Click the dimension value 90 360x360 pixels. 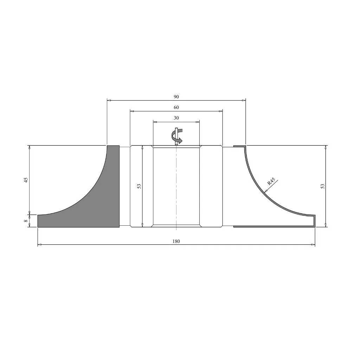[x=176, y=97]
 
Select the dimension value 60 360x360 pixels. [x=176, y=107]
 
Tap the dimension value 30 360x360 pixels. [x=176, y=118]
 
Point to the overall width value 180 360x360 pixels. [x=176, y=241]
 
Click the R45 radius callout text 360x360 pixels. [x=271, y=182]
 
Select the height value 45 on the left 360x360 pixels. [x=26, y=180]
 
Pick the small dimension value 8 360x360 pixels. [x=26, y=221]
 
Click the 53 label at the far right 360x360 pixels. [x=323, y=186]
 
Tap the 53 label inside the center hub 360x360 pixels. [x=139, y=186]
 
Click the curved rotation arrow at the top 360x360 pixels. [x=177, y=136]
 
